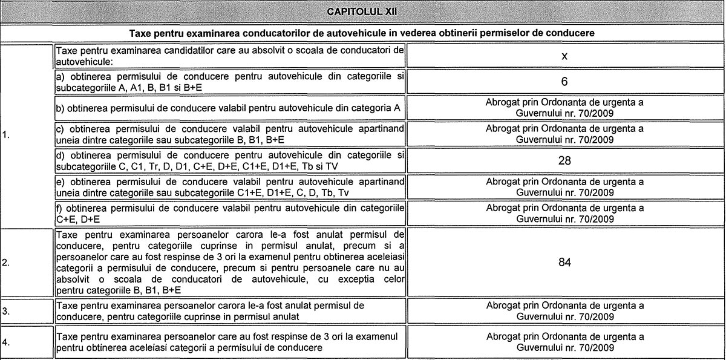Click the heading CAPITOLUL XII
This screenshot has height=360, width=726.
[x=362, y=11]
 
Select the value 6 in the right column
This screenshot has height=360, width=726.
[x=563, y=81]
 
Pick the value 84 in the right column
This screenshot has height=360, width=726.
[x=564, y=262]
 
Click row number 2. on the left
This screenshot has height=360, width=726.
[x=5, y=263]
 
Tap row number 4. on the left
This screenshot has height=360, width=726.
[x=5, y=342]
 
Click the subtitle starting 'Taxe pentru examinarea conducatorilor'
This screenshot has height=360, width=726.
[x=362, y=32]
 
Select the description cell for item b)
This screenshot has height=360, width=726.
[x=229, y=108]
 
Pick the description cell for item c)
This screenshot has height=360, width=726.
[x=229, y=134]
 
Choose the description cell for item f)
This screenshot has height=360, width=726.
[x=229, y=213]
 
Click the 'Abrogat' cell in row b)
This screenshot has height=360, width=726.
[x=564, y=108]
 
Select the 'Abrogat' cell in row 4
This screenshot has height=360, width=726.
[x=564, y=342]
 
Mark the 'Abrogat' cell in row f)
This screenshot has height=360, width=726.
[x=564, y=213]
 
